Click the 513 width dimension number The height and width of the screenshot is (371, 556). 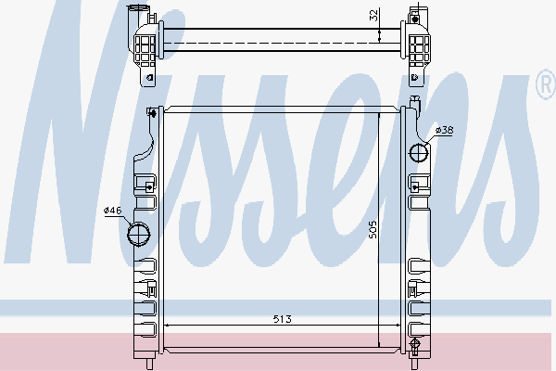[x=283, y=319]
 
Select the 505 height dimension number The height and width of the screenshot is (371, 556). [x=373, y=229]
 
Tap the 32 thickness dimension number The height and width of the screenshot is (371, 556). [x=374, y=15]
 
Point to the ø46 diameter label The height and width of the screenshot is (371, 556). [x=113, y=211]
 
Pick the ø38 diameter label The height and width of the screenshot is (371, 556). [x=444, y=130]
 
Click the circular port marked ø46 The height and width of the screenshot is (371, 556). [x=139, y=234]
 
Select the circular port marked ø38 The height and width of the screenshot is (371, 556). [x=419, y=153]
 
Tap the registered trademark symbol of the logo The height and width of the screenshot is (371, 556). [x=546, y=84]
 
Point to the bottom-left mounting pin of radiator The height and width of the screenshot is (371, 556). [x=149, y=364]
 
